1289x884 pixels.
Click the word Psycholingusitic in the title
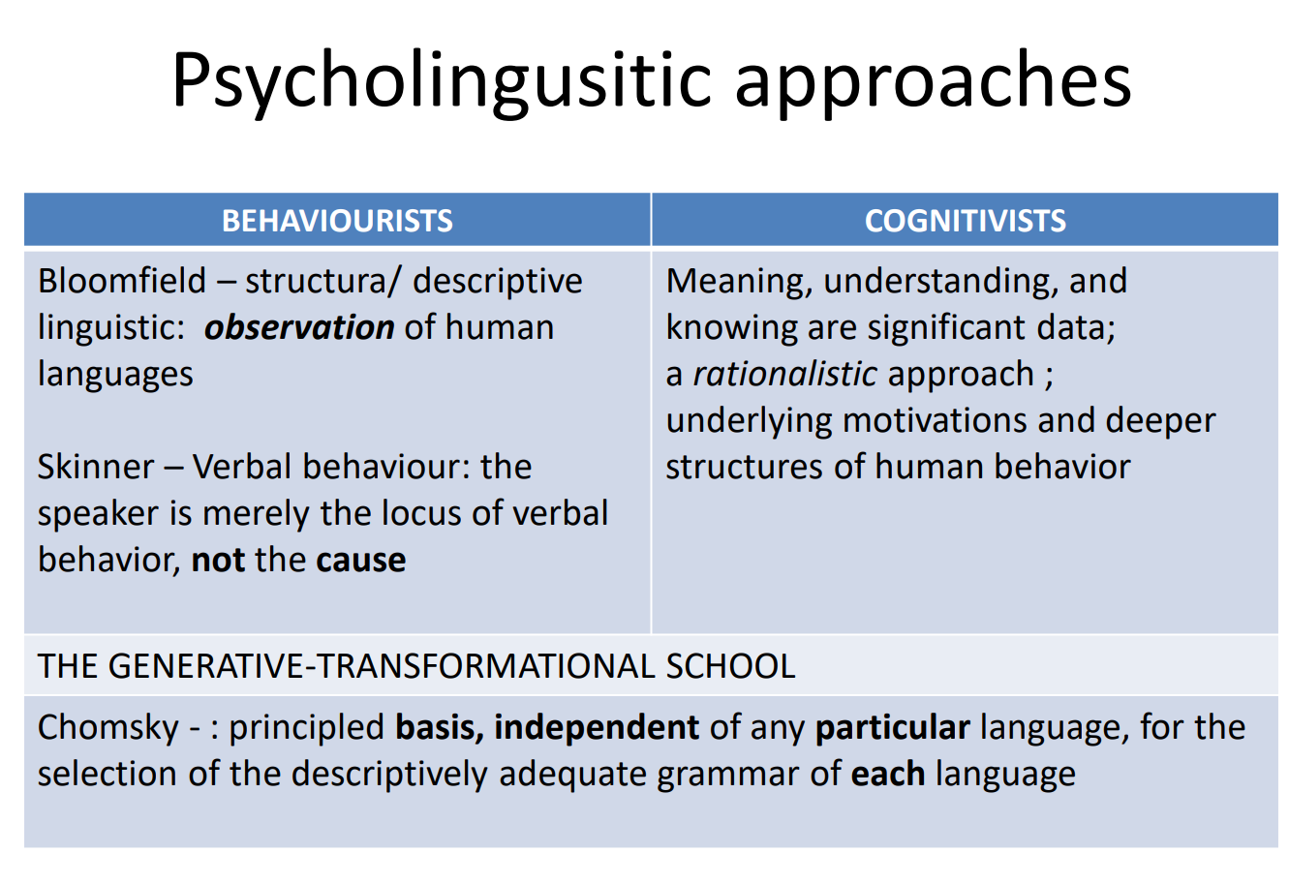click(442, 82)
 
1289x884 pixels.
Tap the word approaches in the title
click(934, 82)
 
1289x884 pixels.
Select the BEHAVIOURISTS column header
click(337, 221)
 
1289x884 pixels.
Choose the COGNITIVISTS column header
click(965, 221)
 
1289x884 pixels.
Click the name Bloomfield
click(122, 281)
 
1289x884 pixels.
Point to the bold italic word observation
click(299, 327)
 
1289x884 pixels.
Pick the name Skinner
click(96, 466)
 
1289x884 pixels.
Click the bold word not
click(218, 560)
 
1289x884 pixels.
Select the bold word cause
click(361, 561)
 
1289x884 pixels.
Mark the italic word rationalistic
click(784, 374)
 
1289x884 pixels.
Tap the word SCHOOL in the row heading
click(730, 666)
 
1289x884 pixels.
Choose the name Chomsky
click(108, 728)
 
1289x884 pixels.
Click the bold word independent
click(597, 727)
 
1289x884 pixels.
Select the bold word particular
click(893, 727)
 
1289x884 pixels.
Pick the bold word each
click(888, 774)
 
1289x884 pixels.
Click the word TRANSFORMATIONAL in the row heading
click(486, 666)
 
